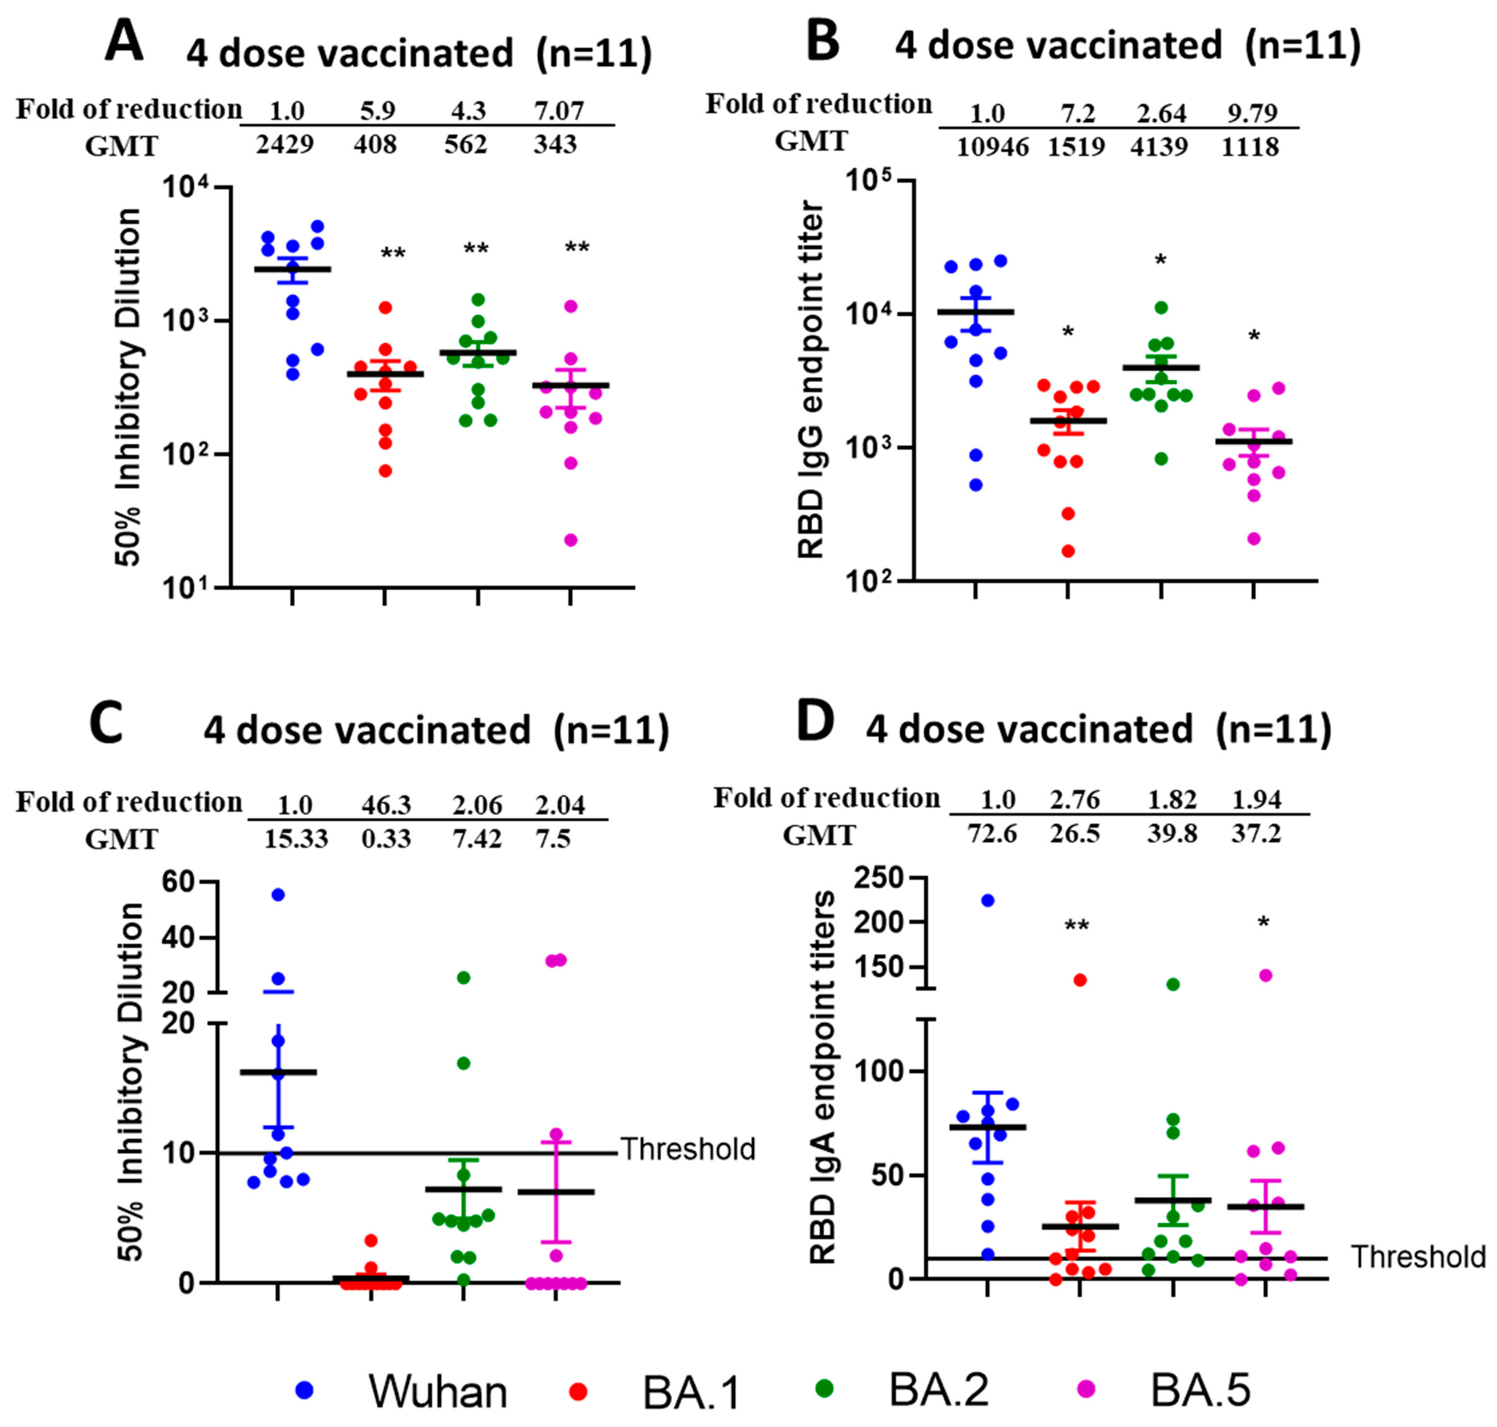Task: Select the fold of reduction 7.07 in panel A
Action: [559, 111]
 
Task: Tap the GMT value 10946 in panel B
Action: [992, 147]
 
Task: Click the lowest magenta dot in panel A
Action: [570, 540]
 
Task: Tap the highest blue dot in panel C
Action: [279, 894]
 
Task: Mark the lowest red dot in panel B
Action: [1068, 552]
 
